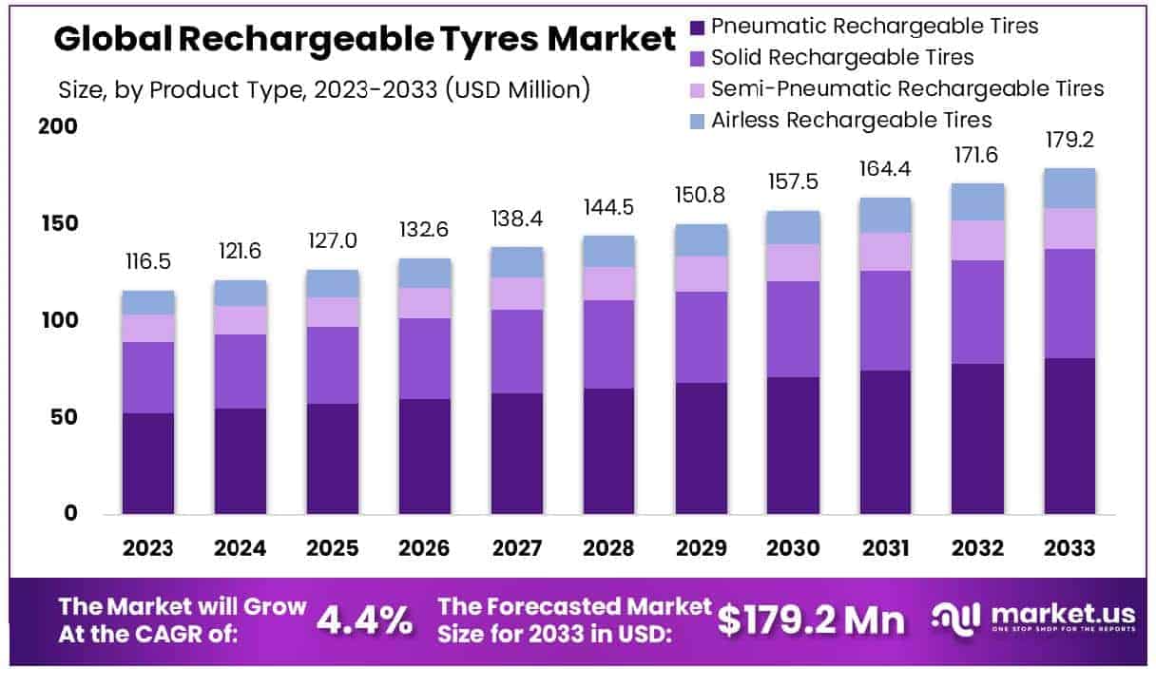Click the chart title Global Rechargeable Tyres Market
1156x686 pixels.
coord(364,40)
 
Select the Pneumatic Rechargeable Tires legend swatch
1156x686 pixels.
coord(697,26)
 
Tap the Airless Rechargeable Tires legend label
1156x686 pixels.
coord(851,120)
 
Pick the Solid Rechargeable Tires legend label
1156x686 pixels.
coord(842,57)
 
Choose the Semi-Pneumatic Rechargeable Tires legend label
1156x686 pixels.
coord(907,88)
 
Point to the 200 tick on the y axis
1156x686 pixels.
coord(56,127)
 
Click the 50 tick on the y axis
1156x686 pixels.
coord(63,417)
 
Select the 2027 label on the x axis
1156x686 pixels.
coord(517,549)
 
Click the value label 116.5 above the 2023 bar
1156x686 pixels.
coord(147,261)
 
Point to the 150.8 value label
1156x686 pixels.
coord(702,196)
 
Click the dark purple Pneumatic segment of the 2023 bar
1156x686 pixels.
coord(147,464)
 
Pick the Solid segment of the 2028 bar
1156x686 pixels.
coord(609,344)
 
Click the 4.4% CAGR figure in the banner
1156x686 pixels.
coord(364,621)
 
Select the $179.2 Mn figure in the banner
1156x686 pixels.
coord(811,621)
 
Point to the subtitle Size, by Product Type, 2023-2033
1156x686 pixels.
coord(324,90)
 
